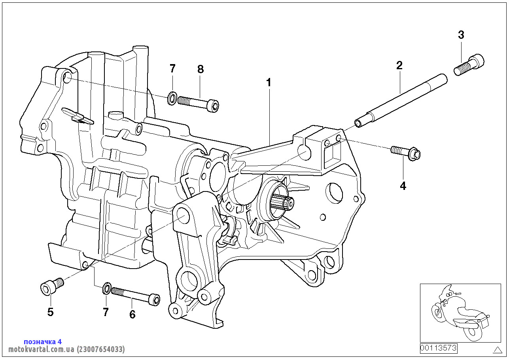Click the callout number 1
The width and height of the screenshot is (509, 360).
tap(269, 83)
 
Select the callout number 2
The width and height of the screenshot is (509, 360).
tap(399, 65)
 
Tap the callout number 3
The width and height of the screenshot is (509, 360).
tap(461, 35)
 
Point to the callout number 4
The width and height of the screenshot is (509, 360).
tap(403, 186)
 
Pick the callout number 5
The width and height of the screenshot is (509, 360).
tap(50, 312)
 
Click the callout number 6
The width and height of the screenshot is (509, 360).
tap(132, 315)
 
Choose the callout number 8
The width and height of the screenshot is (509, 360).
tap(201, 69)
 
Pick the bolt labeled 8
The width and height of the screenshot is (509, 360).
tap(198, 103)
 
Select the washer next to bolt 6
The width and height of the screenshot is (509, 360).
tap(106, 289)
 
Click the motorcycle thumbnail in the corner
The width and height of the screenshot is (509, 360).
tap(460, 313)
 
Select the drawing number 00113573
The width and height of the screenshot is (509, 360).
tap(438, 348)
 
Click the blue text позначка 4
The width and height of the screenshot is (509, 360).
tap(43, 341)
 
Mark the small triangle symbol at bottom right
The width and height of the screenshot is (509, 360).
tap(497, 349)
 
